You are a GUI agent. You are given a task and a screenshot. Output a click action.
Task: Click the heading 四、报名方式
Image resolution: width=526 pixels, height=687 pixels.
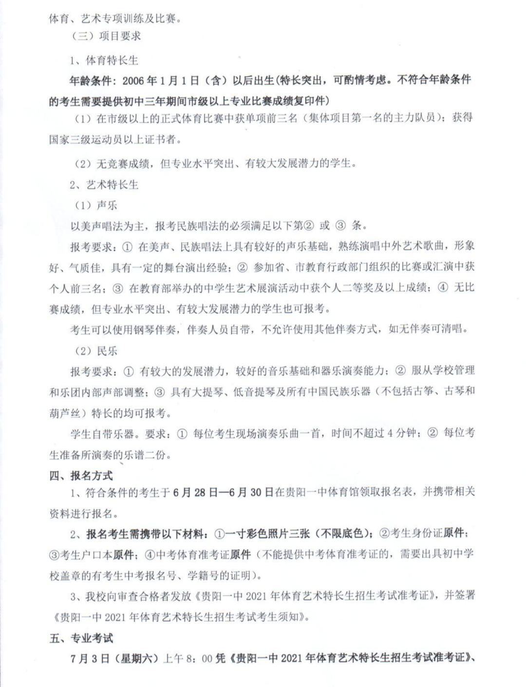[81, 475]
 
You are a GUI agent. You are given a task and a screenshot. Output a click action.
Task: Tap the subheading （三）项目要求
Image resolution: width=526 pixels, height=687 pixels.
[106, 36]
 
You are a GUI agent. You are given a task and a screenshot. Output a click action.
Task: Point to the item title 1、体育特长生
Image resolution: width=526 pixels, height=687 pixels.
[104, 60]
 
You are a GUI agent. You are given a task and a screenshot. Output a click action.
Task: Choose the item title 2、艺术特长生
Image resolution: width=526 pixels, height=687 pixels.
[104, 185]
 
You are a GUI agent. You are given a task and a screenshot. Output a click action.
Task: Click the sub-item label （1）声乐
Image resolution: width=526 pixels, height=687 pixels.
[96, 205]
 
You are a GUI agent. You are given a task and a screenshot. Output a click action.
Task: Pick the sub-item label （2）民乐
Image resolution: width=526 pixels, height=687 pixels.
[96, 351]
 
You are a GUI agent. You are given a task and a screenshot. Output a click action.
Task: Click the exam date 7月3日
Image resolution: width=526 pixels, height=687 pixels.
[86, 659]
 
